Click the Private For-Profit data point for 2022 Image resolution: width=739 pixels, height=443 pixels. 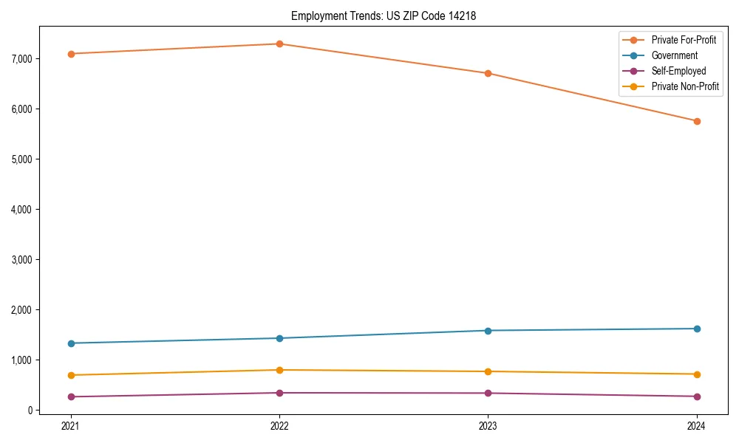click(x=279, y=44)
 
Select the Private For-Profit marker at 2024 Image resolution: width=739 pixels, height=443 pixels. click(x=696, y=121)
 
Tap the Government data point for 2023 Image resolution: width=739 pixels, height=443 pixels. click(x=488, y=330)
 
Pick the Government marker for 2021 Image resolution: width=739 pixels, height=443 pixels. click(x=71, y=343)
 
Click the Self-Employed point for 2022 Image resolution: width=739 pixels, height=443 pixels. click(x=279, y=393)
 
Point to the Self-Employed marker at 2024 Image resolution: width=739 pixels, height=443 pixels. click(x=696, y=396)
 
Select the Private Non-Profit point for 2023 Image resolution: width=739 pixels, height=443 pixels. click(x=488, y=371)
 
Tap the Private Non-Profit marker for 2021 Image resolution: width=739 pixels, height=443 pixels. click(x=71, y=375)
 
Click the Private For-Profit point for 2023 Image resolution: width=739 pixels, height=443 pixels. click(x=488, y=73)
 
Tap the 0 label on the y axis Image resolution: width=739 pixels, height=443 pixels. click(x=31, y=410)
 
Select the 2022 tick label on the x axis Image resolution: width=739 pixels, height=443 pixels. click(x=279, y=425)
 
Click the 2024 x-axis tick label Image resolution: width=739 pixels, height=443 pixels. click(x=696, y=425)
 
